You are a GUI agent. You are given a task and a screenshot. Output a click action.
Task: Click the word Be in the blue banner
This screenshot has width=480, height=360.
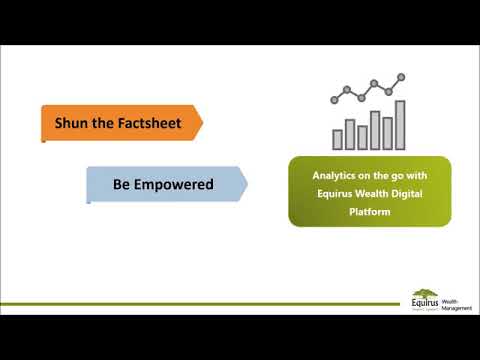(123, 184)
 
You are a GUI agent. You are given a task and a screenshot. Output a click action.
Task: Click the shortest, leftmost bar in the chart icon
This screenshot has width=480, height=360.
(337, 138)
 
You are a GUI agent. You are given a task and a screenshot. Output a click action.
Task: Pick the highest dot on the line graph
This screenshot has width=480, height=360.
(401, 76)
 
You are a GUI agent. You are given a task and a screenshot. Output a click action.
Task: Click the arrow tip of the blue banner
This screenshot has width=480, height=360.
(245, 184)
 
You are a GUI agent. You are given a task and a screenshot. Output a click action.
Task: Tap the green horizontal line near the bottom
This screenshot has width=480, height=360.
(200, 302)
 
